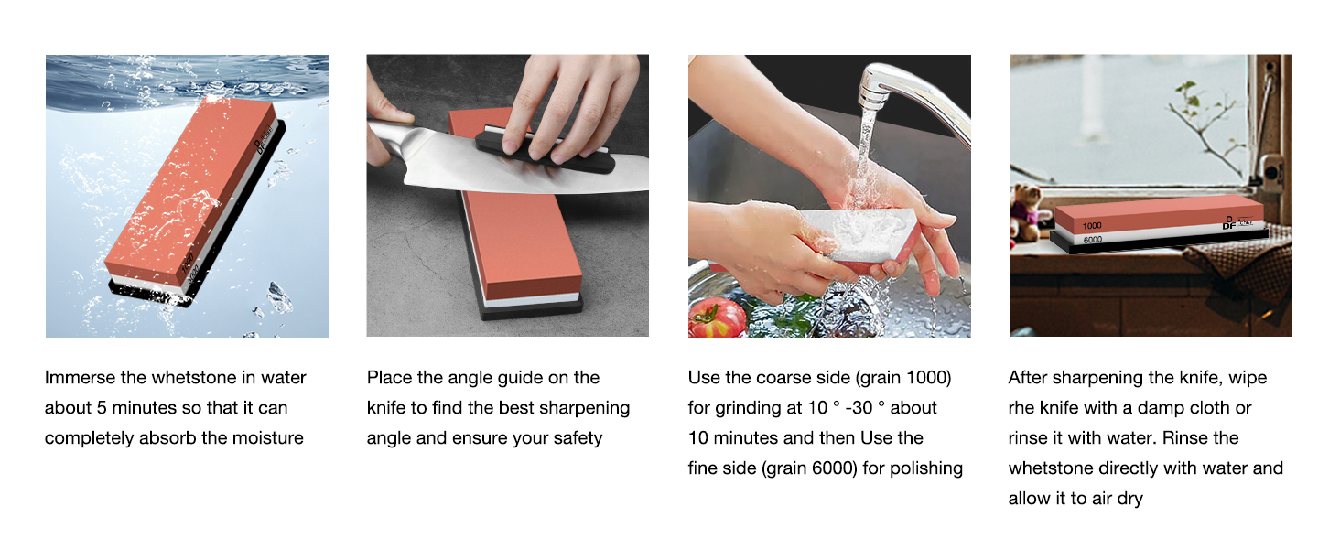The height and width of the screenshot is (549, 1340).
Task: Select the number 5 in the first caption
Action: pos(102,408)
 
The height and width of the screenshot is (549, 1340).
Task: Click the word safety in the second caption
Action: pos(578,438)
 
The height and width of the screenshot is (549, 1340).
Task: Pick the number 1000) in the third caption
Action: pos(928,378)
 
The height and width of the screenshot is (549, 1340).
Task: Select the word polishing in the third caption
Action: pos(926,468)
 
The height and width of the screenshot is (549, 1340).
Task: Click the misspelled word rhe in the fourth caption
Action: pos(1021,408)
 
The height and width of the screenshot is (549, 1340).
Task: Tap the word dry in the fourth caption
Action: pos(1129,499)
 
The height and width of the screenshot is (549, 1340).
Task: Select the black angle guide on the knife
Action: pos(546,153)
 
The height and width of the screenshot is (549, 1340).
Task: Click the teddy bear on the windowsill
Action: pos(1030,211)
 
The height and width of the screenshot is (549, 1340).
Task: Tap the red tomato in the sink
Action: pos(718,318)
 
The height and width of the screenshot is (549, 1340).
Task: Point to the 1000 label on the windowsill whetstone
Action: pos(1092,225)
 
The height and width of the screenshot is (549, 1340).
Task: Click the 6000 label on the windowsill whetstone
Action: pos(1092,239)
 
